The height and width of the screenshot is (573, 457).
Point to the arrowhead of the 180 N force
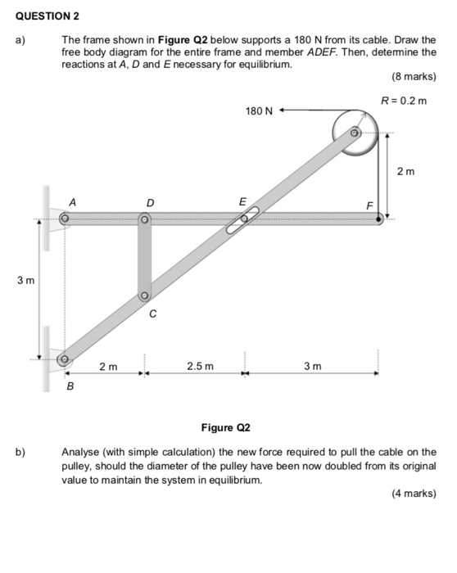(x=281, y=108)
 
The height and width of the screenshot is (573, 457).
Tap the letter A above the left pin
(x=72, y=201)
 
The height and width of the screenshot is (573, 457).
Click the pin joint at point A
(x=64, y=219)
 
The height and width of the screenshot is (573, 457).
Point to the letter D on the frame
(x=149, y=201)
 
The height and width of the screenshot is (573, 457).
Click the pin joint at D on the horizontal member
(x=145, y=219)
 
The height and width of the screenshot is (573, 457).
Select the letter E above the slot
(x=242, y=201)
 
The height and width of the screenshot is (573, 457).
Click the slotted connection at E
(x=243, y=219)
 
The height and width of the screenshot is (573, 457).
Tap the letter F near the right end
(x=369, y=205)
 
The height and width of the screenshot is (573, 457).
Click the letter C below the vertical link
(x=152, y=314)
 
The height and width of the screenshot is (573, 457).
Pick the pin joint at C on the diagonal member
(x=144, y=296)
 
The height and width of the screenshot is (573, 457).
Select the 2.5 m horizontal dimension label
(x=200, y=366)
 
